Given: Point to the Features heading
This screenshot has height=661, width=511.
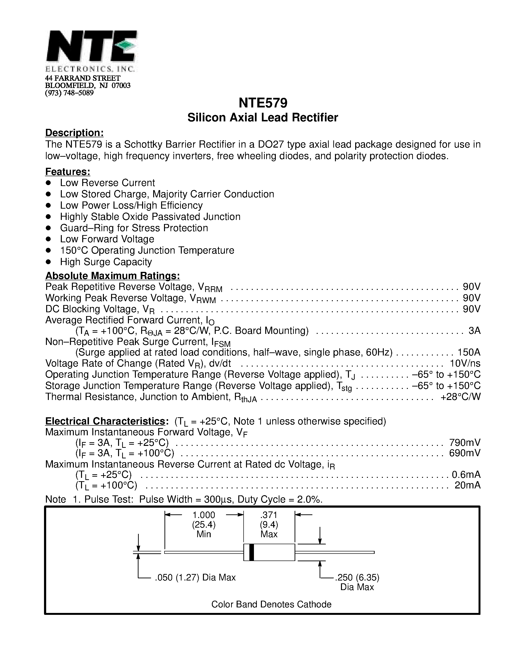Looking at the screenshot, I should click(x=68, y=172).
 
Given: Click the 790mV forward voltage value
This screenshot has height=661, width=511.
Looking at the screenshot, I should click(x=465, y=443).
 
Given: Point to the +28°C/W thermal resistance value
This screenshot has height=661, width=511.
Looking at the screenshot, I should click(x=461, y=397).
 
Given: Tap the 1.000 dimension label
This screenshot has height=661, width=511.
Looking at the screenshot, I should click(x=204, y=515).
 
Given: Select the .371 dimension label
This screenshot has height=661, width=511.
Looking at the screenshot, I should click(x=269, y=515).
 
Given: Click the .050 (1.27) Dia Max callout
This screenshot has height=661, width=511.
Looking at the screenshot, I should click(x=195, y=577).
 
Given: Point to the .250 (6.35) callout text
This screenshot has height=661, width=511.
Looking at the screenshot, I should click(x=357, y=577).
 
